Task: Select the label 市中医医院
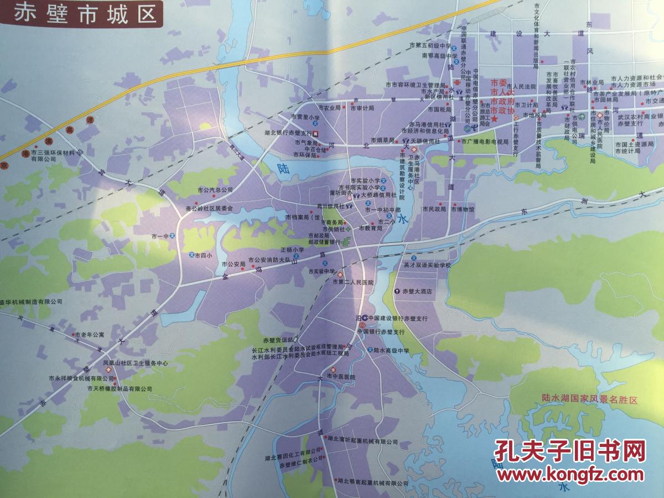pyautogui.click(x=340, y=377)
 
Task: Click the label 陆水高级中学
pyautogui.click(x=391, y=350)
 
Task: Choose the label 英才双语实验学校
pyautogui.click(x=427, y=265)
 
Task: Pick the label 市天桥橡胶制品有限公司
pyautogui.click(x=119, y=389)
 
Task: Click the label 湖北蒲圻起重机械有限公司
pyautogui.click(x=362, y=442)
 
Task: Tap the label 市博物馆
pyautogui.click(x=462, y=209)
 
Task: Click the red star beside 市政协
pyautogui.click(x=495, y=118)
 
